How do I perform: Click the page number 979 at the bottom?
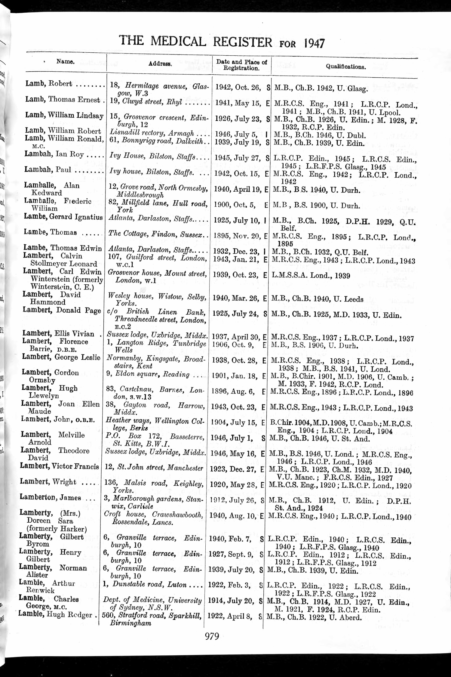(x=212, y=636)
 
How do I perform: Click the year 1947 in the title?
(x=314, y=44)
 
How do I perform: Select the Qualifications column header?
(x=346, y=67)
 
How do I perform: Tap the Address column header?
(x=160, y=64)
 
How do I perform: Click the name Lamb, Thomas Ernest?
(x=65, y=100)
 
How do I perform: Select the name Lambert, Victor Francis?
(x=60, y=466)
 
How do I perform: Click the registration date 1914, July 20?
(x=234, y=601)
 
